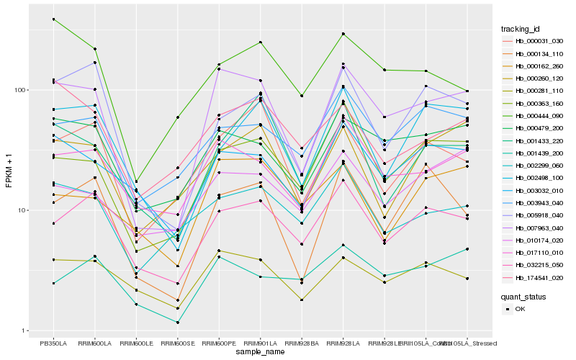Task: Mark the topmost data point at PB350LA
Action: (x=53, y=19)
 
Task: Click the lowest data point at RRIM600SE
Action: (x=177, y=323)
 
